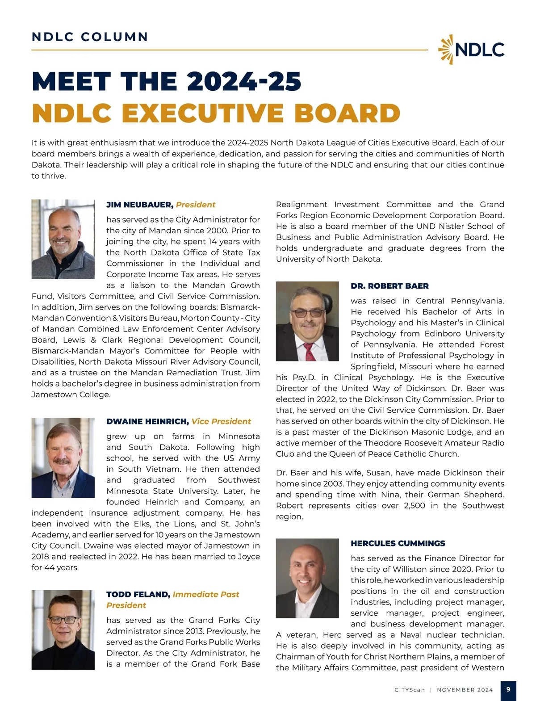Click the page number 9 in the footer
tap(508, 690)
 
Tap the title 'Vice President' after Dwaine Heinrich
tap(221, 421)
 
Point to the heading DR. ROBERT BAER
tap(389, 286)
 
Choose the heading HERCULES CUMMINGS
tap(398, 543)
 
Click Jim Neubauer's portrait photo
tap(63, 239)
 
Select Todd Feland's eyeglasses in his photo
tap(63, 620)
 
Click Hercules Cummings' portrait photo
tap(307, 578)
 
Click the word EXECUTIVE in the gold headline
tap(202, 113)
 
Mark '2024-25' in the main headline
tap(244, 82)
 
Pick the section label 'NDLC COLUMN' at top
tap(90, 37)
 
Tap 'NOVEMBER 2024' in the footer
tap(465, 690)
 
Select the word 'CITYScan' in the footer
tap(410, 690)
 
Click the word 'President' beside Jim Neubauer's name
tap(196, 205)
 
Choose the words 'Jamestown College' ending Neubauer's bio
tap(71, 395)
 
